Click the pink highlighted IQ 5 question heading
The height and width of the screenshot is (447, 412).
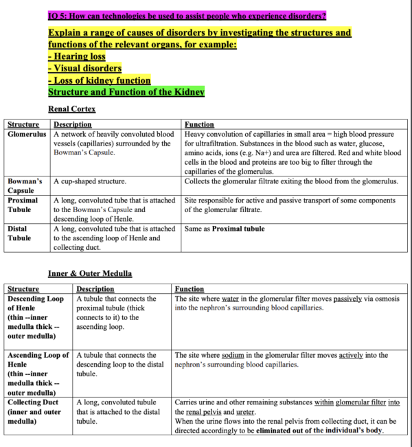tap(187, 15)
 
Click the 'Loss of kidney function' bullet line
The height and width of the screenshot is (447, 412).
tap(100, 80)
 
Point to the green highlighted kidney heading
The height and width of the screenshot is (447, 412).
tap(126, 91)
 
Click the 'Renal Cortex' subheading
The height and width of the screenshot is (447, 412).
tap(71, 108)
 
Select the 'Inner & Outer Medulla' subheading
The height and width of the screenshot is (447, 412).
tap(89, 273)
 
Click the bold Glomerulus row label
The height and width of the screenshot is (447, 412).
tap(29, 135)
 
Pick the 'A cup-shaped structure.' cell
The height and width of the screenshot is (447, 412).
tap(90, 181)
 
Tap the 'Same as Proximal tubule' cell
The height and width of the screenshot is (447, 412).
tap(225, 229)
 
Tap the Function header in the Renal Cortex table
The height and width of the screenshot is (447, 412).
tap(199, 124)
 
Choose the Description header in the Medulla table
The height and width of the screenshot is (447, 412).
tap(95, 289)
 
